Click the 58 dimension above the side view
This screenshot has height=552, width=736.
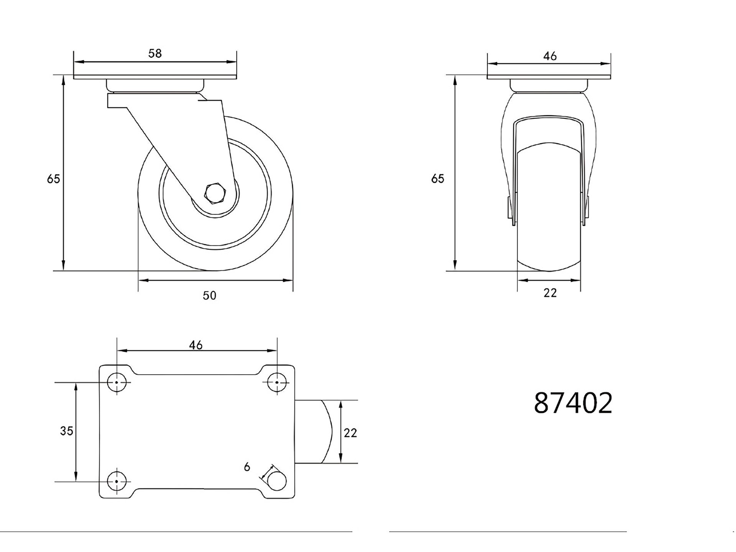155,53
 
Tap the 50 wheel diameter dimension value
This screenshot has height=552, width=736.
209,295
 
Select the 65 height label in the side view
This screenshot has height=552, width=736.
54,179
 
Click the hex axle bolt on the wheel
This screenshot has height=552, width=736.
216,193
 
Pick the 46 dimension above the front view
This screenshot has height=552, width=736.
550,56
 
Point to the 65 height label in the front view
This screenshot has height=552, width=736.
438,179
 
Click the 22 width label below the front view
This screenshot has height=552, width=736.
550,293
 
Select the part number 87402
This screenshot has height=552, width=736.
573,403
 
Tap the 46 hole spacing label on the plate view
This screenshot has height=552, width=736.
196,345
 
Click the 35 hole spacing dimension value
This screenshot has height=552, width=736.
67,431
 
